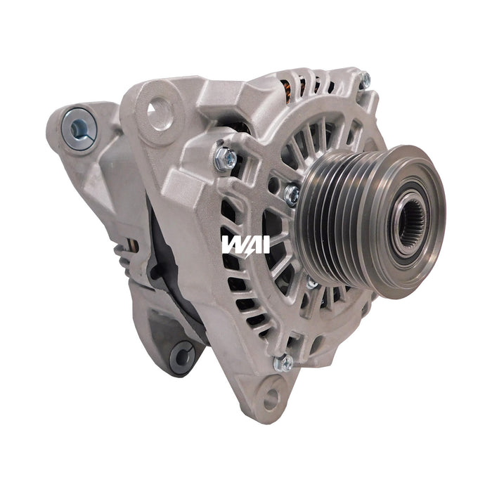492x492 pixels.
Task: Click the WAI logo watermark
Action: coord(245,244)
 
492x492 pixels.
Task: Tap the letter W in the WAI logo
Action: coord(231,244)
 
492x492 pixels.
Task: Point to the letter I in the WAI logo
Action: coord(266,244)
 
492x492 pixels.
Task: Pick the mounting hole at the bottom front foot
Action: coord(271,398)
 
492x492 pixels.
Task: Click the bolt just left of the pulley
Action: coord(292,194)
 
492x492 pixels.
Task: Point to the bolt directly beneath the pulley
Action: coord(311,283)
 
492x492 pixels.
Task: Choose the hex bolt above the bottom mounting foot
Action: coord(284,363)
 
